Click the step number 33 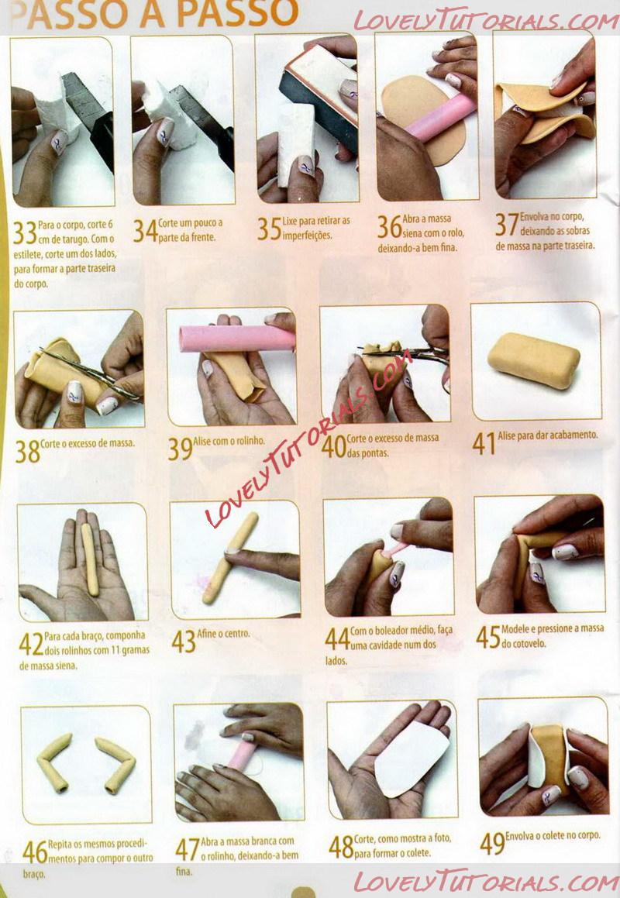click(x=26, y=232)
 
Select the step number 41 click(x=484, y=443)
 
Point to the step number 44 click(x=337, y=639)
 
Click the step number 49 click(x=492, y=843)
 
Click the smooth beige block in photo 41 click(x=533, y=361)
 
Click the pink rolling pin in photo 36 click(x=441, y=118)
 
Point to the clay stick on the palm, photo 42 click(x=89, y=559)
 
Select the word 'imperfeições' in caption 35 click(x=307, y=236)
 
